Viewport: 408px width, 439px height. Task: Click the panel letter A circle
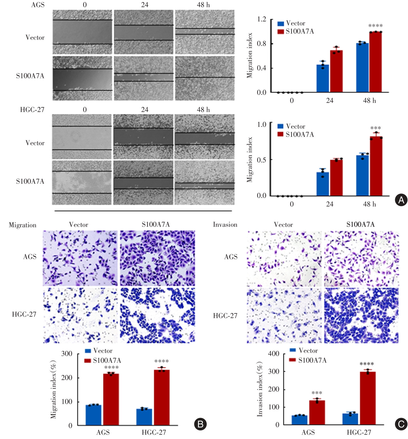tap(401, 200)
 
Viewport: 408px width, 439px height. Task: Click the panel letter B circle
tap(200, 424)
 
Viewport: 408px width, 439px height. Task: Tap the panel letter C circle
tap(401, 424)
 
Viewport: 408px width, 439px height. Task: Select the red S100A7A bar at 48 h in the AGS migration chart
tap(375, 62)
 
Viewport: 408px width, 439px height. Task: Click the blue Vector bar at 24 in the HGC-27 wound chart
tap(323, 184)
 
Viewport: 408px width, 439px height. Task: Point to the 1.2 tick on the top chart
tap(262, 19)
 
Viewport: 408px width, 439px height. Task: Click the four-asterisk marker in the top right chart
tap(375, 26)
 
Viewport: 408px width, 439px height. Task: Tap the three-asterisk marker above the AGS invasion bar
tap(317, 393)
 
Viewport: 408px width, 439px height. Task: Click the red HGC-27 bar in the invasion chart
tap(368, 398)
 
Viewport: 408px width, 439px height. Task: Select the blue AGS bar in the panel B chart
tap(93, 415)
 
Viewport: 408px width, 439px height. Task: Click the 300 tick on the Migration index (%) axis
tap(67, 354)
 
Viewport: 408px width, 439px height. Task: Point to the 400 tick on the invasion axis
tap(273, 354)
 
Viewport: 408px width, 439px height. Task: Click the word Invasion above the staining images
tap(225, 225)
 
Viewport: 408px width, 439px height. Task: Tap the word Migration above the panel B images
tap(23, 225)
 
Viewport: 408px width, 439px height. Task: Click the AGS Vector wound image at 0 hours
tap(82, 32)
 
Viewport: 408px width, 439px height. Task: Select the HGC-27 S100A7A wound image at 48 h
tap(204, 183)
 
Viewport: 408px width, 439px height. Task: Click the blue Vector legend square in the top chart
tap(281, 24)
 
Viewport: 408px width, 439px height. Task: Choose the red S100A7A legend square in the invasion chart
tap(293, 360)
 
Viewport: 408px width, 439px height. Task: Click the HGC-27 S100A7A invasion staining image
tap(361, 315)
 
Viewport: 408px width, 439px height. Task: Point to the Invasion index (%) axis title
tap(260, 389)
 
